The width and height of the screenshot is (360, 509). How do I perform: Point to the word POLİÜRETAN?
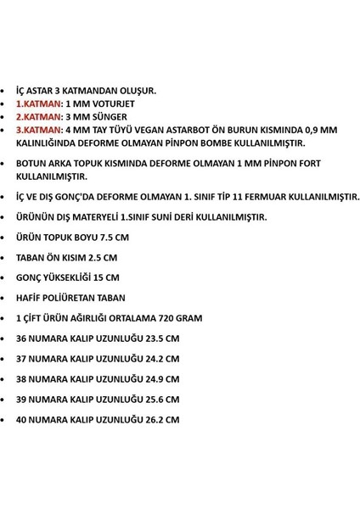click(82, 298)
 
